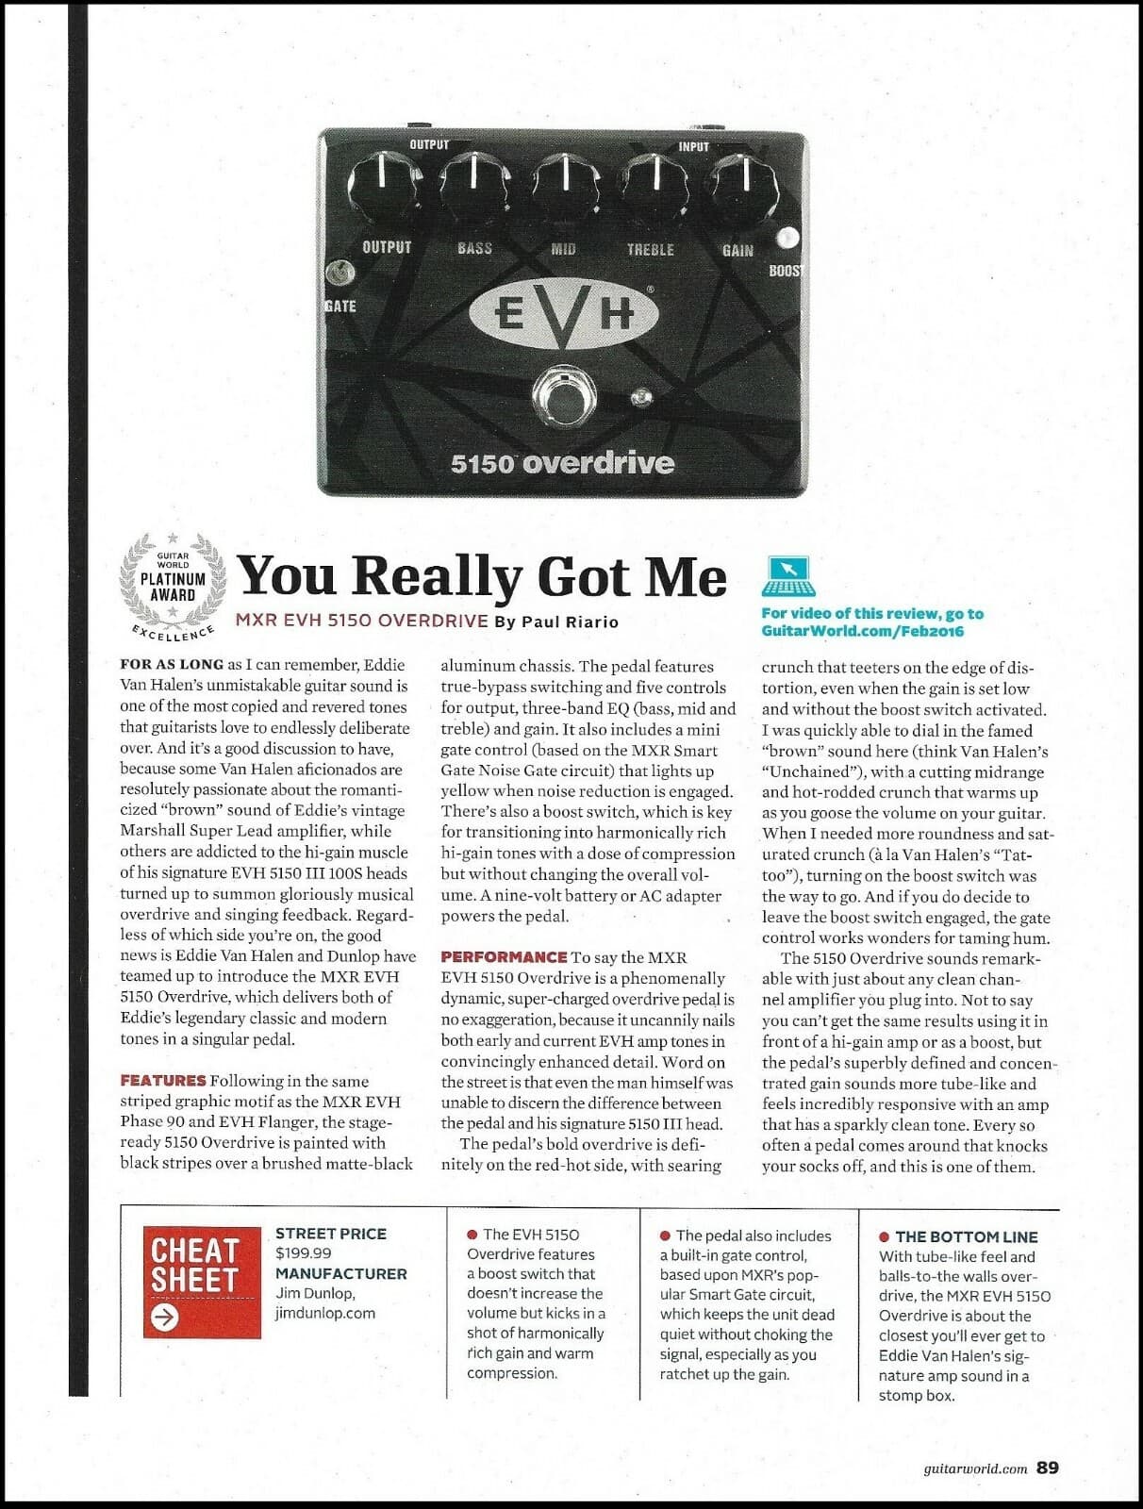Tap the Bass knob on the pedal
click(x=474, y=184)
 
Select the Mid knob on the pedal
click(x=565, y=184)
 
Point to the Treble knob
click(x=654, y=184)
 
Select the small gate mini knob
click(x=338, y=274)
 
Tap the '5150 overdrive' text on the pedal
click(x=562, y=463)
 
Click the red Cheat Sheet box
click(x=202, y=1282)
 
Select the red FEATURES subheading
click(x=162, y=1081)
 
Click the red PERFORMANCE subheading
click(x=504, y=956)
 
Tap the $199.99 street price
click(x=303, y=1253)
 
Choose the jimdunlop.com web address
click(x=325, y=1313)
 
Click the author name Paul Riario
click(x=570, y=622)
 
